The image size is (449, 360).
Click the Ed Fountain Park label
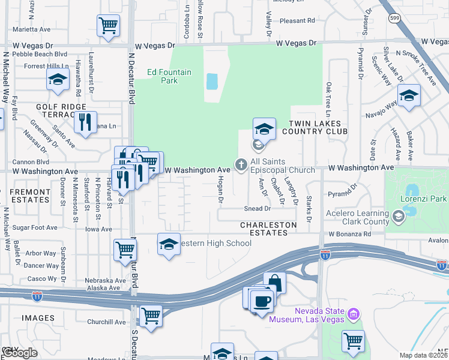point(170,77)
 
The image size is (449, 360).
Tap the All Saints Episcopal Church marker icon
point(241,164)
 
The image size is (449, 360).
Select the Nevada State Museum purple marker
point(354,314)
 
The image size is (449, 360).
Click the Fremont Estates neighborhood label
point(30,196)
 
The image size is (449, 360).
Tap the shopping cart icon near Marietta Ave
point(108,25)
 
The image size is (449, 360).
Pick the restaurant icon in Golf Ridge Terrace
point(85,122)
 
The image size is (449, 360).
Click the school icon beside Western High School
point(169,244)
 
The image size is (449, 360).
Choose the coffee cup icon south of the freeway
point(262,301)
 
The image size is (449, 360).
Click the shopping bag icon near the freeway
point(274,282)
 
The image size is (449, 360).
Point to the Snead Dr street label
point(258,209)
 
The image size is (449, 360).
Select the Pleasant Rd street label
point(297,20)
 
